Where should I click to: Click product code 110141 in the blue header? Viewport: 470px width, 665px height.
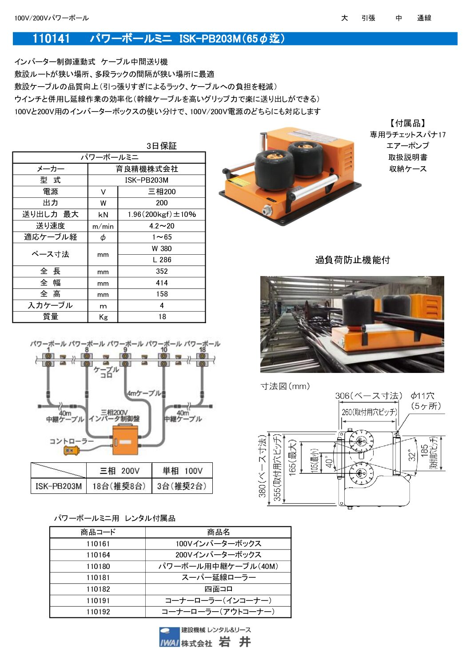click(x=51, y=39)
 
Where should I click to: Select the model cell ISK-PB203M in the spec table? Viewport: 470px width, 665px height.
click(x=147, y=180)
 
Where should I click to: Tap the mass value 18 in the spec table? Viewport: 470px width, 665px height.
click(x=162, y=317)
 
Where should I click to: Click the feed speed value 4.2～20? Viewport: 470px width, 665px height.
click(x=162, y=226)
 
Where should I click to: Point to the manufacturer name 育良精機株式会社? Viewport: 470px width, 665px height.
click(x=147, y=169)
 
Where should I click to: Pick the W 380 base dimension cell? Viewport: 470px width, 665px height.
click(x=162, y=248)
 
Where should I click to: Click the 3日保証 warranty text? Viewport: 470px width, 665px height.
click(x=162, y=146)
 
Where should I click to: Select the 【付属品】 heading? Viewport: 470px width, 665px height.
click(x=407, y=123)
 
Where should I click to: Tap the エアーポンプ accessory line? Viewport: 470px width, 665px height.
click(x=407, y=146)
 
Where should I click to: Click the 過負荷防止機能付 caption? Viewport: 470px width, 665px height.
click(x=352, y=260)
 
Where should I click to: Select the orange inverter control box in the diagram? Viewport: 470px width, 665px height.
click(x=125, y=440)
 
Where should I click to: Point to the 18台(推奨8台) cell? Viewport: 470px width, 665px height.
click(x=119, y=486)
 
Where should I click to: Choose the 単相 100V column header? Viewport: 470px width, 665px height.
click(x=182, y=471)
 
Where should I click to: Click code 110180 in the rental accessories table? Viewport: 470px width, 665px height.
click(x=98, y=566)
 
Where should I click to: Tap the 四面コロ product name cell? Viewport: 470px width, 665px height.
click(x=218, y=589)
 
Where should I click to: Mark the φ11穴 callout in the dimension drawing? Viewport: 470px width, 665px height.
click(x=422, y=396)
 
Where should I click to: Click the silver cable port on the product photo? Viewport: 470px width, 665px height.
click(x=267, y=210)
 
